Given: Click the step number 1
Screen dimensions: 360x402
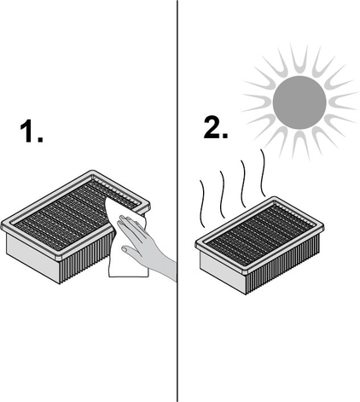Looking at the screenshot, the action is [28, 131].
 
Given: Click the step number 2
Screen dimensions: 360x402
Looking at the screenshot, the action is [212, 127].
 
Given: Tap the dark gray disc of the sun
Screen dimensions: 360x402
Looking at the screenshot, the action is [299, 102].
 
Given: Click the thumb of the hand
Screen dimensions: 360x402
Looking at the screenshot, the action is [130, 252].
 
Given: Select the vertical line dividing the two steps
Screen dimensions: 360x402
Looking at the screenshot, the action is [177, 201].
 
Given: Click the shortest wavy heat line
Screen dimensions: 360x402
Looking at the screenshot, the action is [202, 204].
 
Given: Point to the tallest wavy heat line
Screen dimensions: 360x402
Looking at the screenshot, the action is [263, 172].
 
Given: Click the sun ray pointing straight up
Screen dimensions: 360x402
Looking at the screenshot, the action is [299, 58].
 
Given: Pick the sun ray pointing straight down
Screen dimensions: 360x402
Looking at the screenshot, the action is [301, 146].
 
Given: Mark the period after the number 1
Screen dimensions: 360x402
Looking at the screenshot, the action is [40, 139].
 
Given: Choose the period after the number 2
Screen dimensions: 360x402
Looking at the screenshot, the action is [224, 136].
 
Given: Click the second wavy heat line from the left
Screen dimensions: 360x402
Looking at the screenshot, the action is [222, 195].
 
